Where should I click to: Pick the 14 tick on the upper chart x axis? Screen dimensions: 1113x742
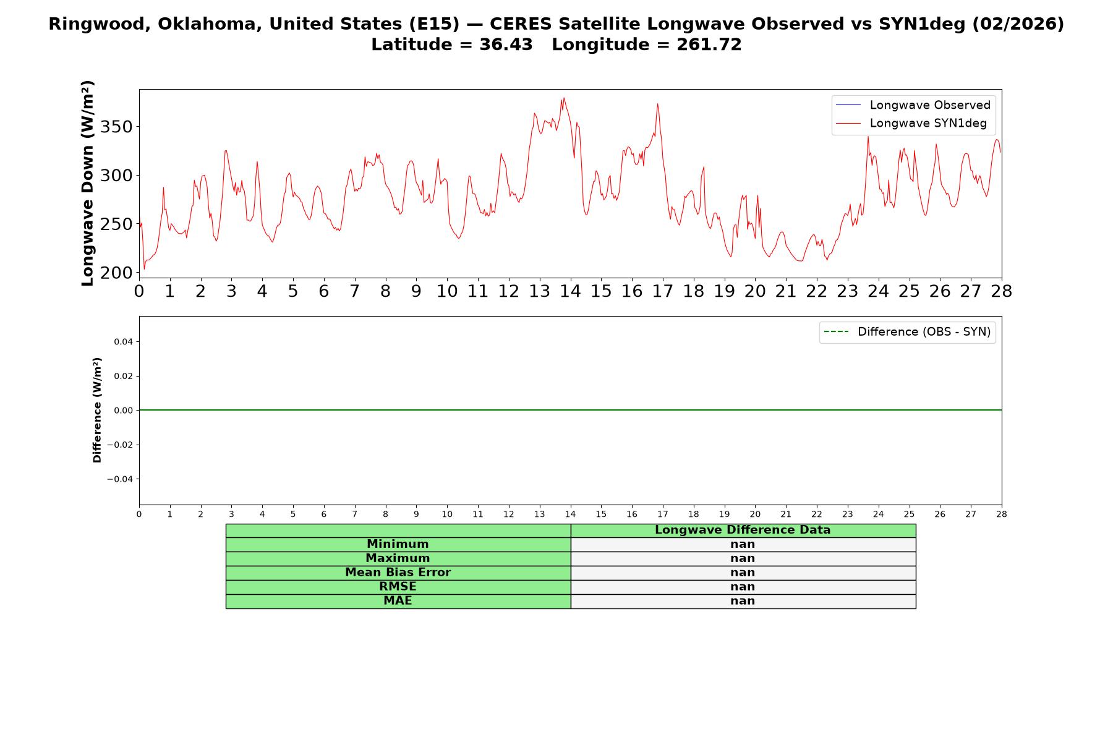[570, 291]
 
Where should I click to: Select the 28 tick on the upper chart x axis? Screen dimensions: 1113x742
[1002, 291]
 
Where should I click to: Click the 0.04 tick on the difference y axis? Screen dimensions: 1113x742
[123, 342]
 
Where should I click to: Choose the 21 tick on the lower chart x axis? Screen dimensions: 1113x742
[786, 514]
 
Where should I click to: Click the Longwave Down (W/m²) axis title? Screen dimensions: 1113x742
[88, 183]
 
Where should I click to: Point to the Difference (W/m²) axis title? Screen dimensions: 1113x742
[97, 410]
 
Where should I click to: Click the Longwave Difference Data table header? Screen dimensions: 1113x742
[743, 530]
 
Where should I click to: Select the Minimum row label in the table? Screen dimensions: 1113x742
[398, 544]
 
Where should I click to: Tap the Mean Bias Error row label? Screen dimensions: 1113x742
[398, 573]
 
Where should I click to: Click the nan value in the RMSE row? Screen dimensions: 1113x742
[743, 587]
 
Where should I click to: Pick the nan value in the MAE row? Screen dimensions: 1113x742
[743, 601]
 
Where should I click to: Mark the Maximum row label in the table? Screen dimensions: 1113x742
[398, 558]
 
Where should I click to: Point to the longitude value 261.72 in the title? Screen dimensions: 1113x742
[709, 45]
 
